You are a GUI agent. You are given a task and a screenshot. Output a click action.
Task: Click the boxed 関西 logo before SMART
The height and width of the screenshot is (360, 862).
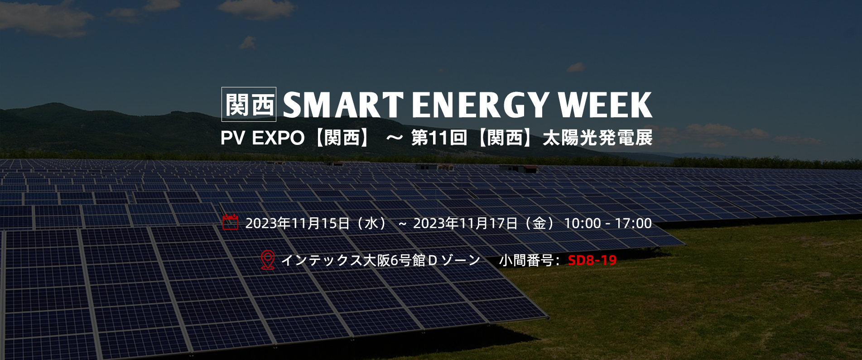tap(249, 104)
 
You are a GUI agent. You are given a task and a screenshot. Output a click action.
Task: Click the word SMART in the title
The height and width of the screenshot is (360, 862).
tap(343, 105)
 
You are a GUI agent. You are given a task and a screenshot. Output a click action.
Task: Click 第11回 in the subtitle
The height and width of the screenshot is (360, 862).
tap(439, 138)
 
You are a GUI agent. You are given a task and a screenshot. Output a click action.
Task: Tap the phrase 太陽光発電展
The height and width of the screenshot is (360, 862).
tap(597, 138)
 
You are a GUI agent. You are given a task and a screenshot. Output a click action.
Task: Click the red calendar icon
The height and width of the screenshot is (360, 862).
tap(230, 222)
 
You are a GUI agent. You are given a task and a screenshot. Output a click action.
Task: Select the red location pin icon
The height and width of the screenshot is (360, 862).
tap(268, 260)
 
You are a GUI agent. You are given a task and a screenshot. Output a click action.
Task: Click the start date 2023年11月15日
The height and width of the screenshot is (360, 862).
tap(298, 223)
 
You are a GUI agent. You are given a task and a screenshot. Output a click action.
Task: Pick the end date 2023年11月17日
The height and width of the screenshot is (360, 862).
tap(466, 223)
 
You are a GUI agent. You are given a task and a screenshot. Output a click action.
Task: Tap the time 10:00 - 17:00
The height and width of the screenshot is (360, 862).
tap(608, 223)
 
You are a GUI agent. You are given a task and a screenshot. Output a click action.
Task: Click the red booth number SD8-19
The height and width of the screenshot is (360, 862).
tap(592, 260)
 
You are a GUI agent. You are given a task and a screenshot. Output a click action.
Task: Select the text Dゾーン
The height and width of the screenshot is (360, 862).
tap(454, 260)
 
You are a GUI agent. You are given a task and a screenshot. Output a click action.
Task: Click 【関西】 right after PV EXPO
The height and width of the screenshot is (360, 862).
tap(342, 138)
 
